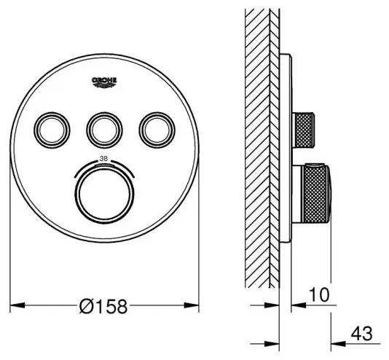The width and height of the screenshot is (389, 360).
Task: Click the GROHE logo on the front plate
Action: coord(104,82)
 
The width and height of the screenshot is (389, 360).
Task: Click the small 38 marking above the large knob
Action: coord(103,159)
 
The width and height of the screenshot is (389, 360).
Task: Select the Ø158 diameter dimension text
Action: coord(103,306)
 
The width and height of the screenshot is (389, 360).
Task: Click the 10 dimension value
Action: coord(320,294)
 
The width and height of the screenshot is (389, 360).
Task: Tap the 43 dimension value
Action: coord(362,334)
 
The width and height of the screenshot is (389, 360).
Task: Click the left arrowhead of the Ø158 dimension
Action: coord(17,305)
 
